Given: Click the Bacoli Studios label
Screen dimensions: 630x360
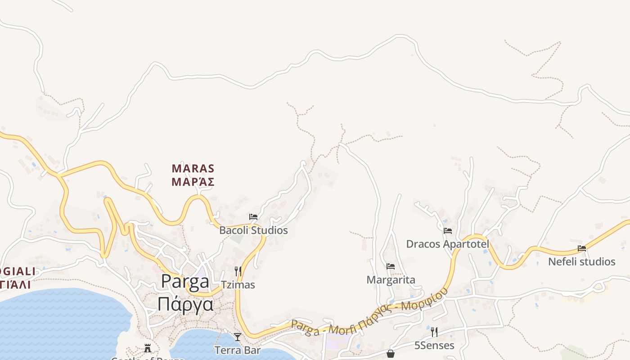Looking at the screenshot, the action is click(253, 230).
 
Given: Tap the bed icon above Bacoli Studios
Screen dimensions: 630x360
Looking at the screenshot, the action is click(253, 217).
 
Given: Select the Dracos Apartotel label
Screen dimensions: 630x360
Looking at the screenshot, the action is click(447, 244).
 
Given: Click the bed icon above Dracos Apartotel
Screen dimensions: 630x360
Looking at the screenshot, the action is click(448, 231).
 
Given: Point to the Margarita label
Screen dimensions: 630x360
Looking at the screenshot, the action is click(391, 280).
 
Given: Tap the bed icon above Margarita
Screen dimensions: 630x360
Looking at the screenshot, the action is click(391, 266).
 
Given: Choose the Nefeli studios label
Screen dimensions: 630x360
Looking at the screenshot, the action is click(581, 261).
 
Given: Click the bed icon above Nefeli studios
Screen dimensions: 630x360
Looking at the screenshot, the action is click(582, 248).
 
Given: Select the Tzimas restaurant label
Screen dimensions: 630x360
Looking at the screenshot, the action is click(238, 285).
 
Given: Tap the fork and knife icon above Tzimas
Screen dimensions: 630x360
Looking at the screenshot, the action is click(238, 271).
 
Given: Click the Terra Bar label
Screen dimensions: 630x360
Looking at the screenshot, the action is click(238, 350).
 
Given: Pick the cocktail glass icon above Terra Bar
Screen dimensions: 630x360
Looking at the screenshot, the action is click(238, 337).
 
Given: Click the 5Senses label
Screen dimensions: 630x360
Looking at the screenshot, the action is click(434, 346).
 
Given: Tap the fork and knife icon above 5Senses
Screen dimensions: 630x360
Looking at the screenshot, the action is click(434, 332).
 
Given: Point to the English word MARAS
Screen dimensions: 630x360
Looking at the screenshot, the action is click(193, 169).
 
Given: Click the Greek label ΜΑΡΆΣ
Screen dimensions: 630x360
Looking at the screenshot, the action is click(193, 182).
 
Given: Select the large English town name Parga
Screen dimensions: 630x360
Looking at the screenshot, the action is click(185, 282).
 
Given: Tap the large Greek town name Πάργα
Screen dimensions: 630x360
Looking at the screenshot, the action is click(185, 304).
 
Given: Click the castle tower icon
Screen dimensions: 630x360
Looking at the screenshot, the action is click(148, 348).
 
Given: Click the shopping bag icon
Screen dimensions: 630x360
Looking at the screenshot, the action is click(391, 354).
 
